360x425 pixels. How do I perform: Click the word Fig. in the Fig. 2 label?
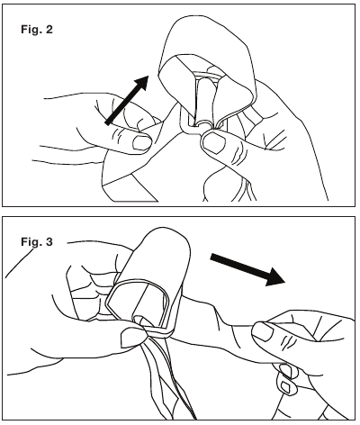click(x=31, y=30)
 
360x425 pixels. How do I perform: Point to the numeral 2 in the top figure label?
click(x=49, y=29)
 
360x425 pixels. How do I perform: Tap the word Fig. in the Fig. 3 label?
click(x=31, y=241)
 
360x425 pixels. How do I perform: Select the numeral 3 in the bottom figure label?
click(x=49, y=241)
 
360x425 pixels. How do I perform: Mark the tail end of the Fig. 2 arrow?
click(x=108, y=122)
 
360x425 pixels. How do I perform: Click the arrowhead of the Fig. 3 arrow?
click(x=274, y=276)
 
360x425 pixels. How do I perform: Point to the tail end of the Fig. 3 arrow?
click(x=212, y=258)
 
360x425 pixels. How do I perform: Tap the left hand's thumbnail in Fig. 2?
click(x=141, y=142)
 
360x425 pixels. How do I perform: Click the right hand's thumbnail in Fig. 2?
click(x=213, y=142)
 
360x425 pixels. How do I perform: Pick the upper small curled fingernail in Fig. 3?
click(x=286, y=370)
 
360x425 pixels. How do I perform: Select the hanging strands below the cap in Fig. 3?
click(x=168, y=378)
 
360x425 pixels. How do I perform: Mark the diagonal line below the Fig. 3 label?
click(x=20, y=263)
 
